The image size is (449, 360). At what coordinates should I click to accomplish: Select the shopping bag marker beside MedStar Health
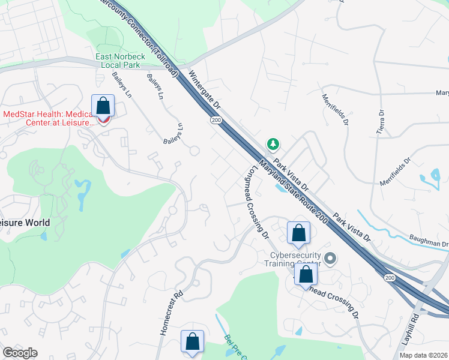pyautogui.click(x=103, y=106)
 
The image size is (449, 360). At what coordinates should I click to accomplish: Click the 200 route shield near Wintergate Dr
pyautogui.click(x=215, y=121)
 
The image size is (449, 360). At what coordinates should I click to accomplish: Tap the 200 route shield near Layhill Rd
pyautogui.click(x=390, y=277)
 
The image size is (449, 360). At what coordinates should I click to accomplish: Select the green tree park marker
pyautogui.click(x=273, y=144)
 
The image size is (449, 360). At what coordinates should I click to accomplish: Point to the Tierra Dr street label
pyautogui.click(x=379, y=122)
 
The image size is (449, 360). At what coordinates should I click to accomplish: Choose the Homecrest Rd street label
pyautogui.click(x=170, y=311)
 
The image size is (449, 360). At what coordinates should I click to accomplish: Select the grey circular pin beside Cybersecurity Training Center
pyautogui.click(x=330, y=259)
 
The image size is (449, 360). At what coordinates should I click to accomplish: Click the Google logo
pyautogui.click(x=20, y=353)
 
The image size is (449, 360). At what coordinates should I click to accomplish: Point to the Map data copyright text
pyautogui.click(x=424, y=355)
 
